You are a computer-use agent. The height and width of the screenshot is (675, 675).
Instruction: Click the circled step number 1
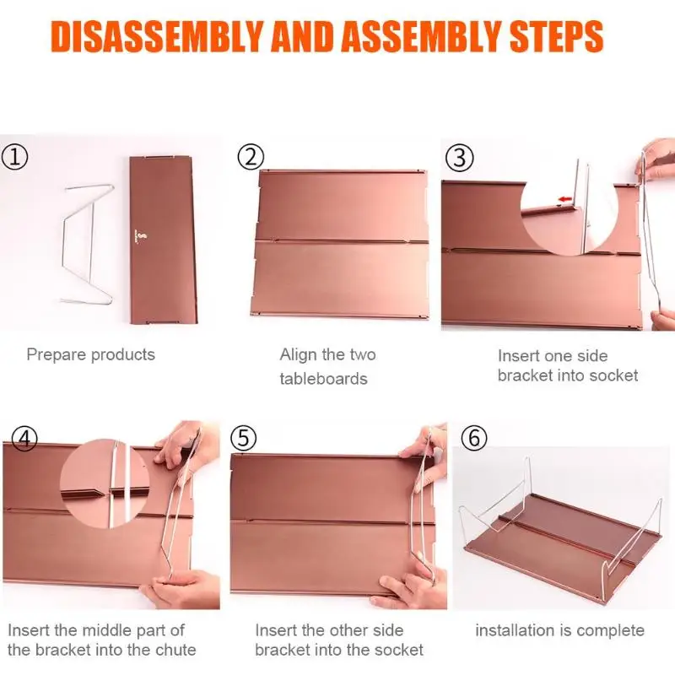point(15,158)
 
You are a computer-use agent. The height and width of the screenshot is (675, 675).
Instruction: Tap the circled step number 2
point(251,157)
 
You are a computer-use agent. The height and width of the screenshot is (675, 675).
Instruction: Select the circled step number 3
point(460,158)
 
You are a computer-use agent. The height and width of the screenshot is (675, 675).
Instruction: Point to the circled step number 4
point(24,439)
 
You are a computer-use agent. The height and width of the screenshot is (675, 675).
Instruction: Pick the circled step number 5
point(243,439)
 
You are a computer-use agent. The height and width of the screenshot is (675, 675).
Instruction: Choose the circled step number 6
point(474,438)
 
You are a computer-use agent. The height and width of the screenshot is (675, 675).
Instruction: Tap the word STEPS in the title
point(556,36)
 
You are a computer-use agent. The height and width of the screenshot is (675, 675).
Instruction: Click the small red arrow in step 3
point(565,199)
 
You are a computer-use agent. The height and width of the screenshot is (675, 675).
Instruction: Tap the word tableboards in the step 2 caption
point(324,379)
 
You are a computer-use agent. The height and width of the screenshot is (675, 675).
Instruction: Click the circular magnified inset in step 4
point(105,483)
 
